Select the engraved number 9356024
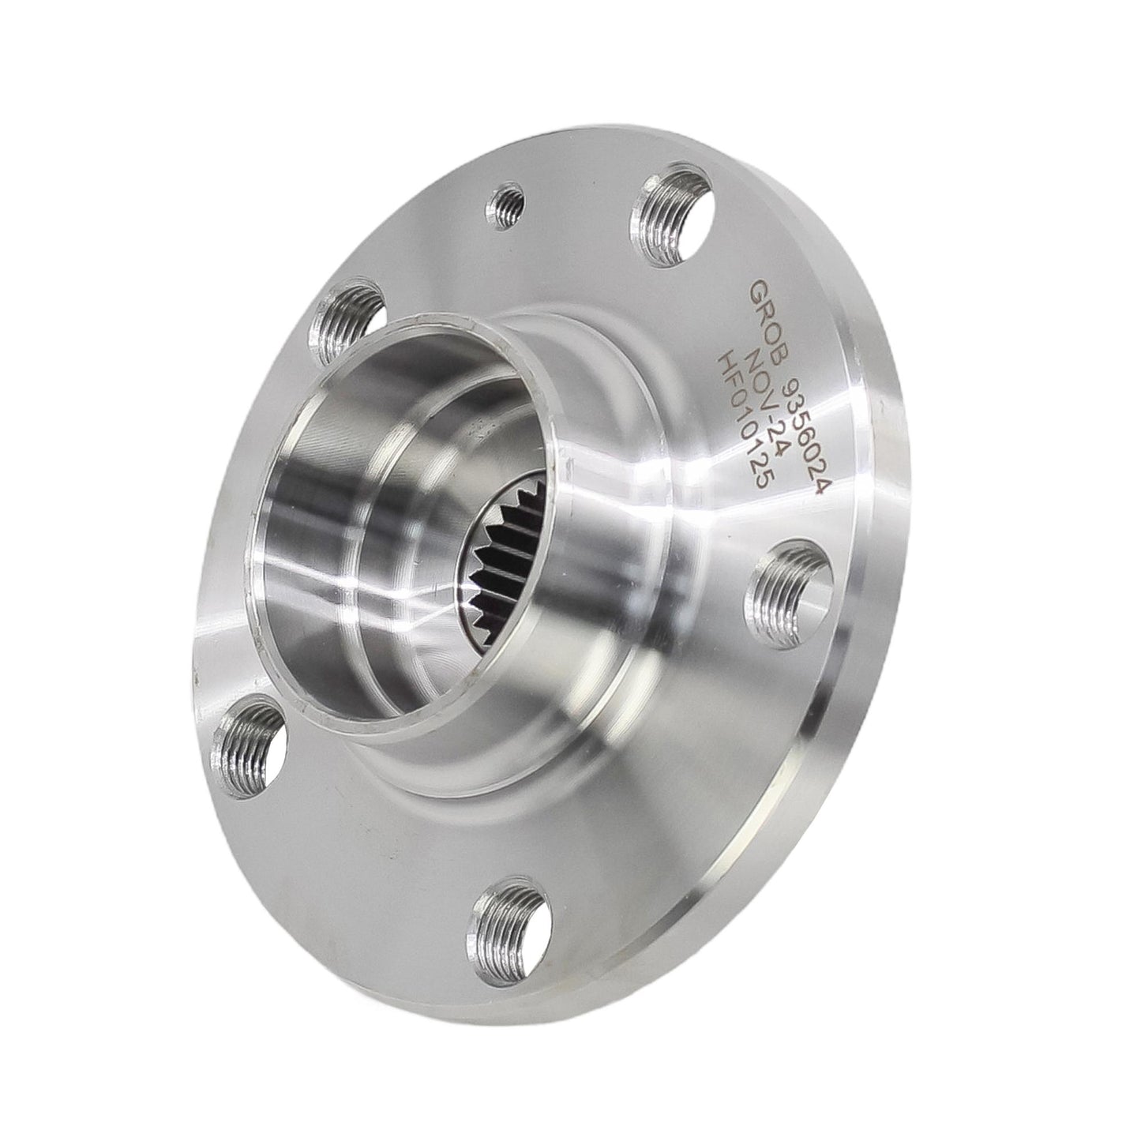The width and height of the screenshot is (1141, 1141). (799, 426)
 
